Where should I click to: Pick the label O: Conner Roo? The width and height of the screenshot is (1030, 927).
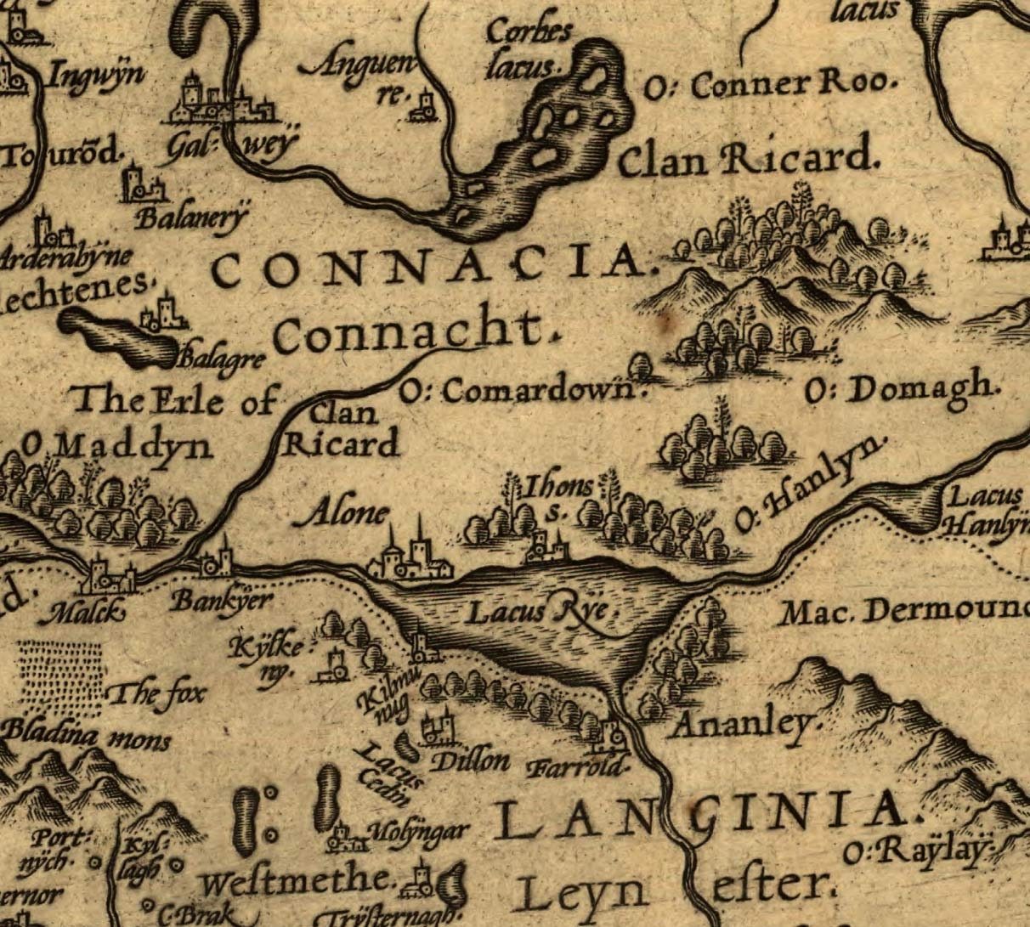[x=772, y=85]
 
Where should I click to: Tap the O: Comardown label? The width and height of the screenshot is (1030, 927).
[x=518, y=391]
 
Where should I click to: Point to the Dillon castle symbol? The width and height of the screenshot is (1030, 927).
[x=439, y=727]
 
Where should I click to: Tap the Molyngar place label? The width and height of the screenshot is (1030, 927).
[x=420, y=831]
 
